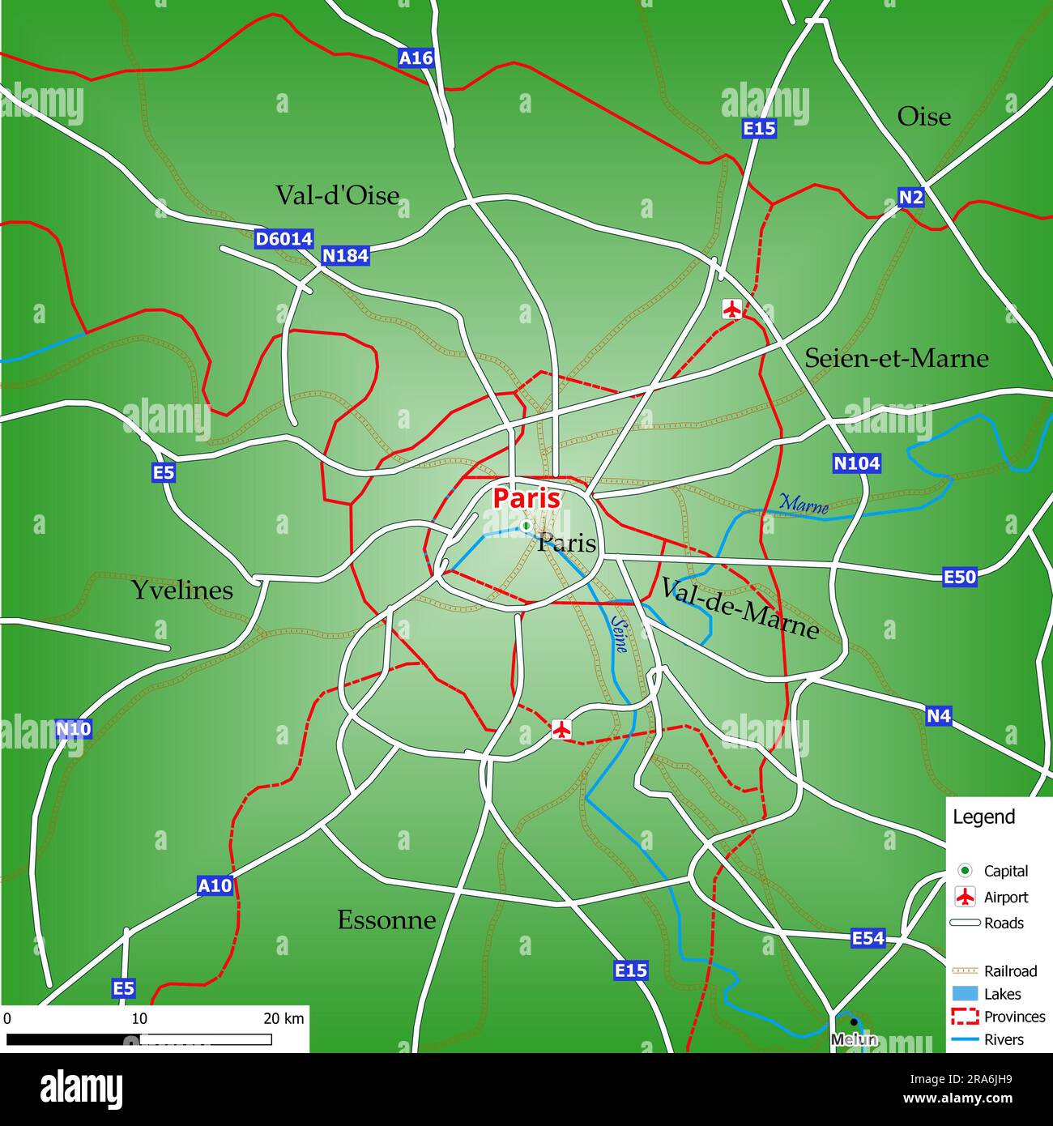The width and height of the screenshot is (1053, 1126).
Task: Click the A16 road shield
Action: [416, 58]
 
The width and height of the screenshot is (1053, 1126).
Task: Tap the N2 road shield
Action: [911, 197]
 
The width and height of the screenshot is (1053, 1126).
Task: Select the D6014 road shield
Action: [283, 239]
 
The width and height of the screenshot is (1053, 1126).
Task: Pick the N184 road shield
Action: [345, 255]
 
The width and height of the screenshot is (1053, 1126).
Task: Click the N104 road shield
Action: [856, 463]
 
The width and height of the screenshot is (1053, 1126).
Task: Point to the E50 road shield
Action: [960, 577]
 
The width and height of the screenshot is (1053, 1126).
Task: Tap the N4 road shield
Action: [938, 715]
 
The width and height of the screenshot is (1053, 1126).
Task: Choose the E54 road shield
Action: [868, 938]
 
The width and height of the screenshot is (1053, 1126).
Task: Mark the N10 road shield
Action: [74, 729]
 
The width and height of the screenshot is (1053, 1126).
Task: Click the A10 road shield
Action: [215, 885]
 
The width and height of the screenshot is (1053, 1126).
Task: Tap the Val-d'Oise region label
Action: [337, 195]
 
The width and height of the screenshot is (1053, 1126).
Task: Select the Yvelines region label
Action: [182, 590]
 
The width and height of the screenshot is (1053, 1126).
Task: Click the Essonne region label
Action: [386, 919]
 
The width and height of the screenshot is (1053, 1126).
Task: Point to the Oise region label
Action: [923, 117]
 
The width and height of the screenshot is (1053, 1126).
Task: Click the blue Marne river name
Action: [804, 503]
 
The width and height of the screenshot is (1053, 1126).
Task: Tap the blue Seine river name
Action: [620, 635]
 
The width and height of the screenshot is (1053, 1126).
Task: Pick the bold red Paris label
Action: [526, 498]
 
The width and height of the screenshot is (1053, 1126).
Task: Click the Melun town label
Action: [854, 1039]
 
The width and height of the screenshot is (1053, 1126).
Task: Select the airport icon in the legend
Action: [965, 897]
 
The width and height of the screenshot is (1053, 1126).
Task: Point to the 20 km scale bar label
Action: [283, 1018]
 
